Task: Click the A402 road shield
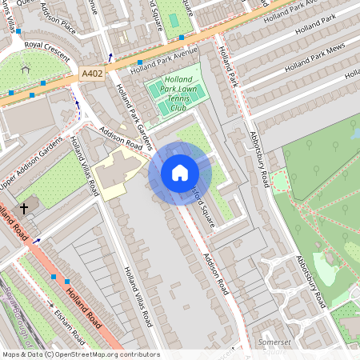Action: point(92,73)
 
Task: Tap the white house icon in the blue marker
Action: point(180,173)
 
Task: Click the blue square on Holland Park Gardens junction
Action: point(140,62)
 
